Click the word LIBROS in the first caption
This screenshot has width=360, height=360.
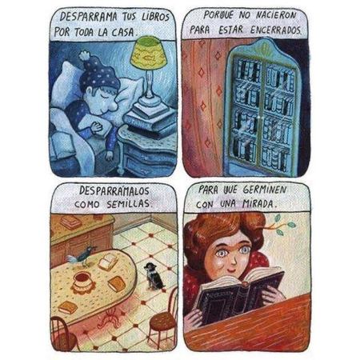[155, 17]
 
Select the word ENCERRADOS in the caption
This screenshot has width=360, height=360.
[276, 30]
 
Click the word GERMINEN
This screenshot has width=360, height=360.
[265, 190]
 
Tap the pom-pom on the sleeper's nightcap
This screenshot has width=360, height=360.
[85, 56]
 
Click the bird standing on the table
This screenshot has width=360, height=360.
[82, 256]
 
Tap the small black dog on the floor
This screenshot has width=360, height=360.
[153, 277]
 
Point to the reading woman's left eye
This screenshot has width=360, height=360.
[244, 250]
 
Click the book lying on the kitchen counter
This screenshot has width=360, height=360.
[70, 222]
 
